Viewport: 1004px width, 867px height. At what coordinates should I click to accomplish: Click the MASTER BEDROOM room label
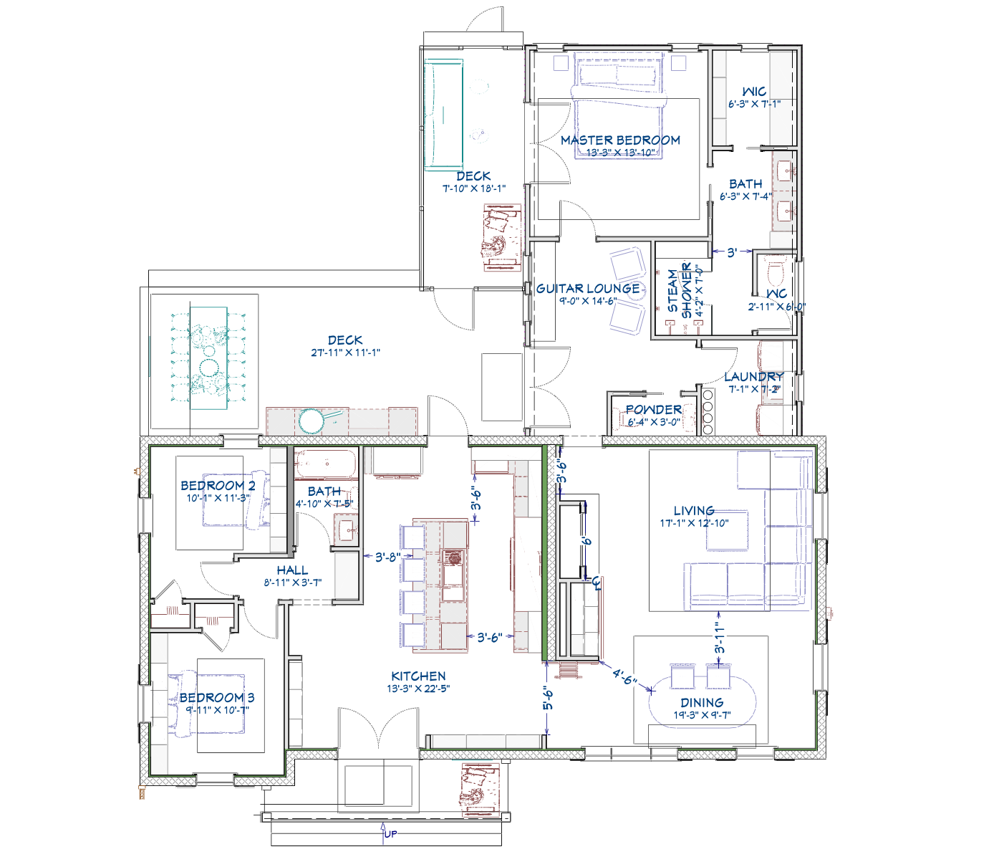coord(620,140)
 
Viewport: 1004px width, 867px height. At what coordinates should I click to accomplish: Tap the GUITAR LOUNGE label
coord(588,289)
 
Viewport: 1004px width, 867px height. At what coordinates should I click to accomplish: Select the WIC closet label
coord(754,92)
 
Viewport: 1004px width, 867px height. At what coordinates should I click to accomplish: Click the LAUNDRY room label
coord(753,377)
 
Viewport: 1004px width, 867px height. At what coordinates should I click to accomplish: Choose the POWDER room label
coord(653,410)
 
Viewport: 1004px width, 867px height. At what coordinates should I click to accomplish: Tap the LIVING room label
coord(694,511)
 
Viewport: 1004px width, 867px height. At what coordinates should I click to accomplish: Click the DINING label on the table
coord(702,703)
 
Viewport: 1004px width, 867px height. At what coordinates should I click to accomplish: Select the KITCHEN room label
coord(418,676)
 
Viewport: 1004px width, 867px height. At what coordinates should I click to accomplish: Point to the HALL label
coord(292,570)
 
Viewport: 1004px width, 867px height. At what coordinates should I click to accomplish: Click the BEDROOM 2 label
coord(218,486)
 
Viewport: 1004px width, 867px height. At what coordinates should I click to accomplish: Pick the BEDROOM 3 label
coord(217,698)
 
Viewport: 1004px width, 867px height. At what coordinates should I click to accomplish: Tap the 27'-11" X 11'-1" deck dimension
coord(345,353)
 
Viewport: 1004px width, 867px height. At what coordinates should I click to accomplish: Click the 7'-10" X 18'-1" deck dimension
coord(473,188)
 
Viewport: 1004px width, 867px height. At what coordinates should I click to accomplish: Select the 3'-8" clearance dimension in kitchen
coord(387,557)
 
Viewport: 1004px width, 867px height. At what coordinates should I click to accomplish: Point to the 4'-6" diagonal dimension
coord(624,676)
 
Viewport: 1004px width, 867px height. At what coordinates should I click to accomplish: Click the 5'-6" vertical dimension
coord(548,699)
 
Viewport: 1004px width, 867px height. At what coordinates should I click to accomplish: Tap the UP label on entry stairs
coord(390,834)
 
